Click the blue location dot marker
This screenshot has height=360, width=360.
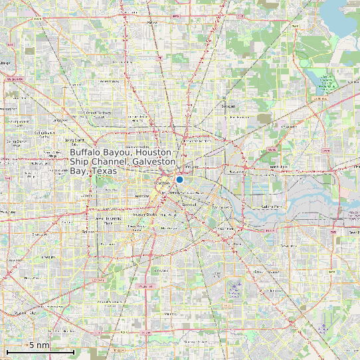tap(179, 179)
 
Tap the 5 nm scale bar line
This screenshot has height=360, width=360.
tap(40, 350)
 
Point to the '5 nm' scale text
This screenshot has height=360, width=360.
tap(39, 345)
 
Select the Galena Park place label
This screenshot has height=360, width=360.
tap(272, 207)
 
